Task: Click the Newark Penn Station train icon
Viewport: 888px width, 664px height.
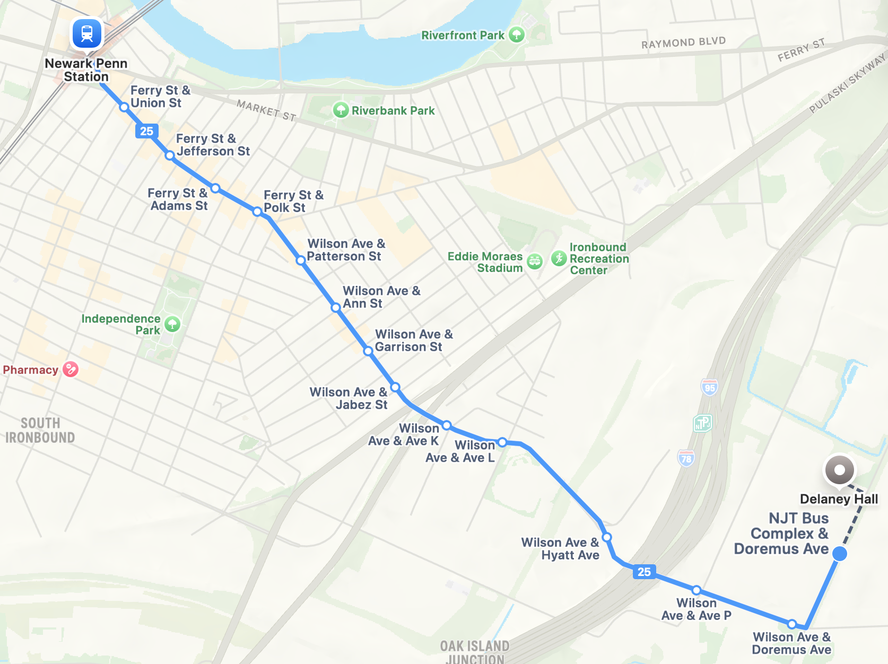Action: tap(87, 33)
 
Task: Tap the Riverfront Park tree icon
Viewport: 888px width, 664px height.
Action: tap(516, 35)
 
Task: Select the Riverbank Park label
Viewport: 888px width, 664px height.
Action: tap(393, 111)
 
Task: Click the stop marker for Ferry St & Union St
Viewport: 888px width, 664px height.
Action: tap(124, 107)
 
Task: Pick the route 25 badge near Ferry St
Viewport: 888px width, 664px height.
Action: tap(147, 131)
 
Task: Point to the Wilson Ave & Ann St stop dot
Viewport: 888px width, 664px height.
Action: tap(335, 308)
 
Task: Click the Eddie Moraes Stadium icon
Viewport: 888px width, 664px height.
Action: tap(535, 260)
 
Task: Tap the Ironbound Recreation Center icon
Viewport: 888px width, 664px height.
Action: tap(559, 259)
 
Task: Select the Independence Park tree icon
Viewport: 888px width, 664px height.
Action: tap(172, 324)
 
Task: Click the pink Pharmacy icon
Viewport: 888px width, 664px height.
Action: tap(71, 369)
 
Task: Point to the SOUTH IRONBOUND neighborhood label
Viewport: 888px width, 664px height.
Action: tap(40, 430)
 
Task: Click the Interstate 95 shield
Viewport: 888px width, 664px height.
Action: tap(709, 387)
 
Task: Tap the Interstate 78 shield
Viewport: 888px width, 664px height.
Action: tap(686, 458)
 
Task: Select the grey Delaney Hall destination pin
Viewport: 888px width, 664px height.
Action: tap(839, 470)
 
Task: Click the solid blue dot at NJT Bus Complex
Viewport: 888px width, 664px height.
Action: tap(839, 554)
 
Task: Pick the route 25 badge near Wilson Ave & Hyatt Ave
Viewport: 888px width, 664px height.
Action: tap(644, 572)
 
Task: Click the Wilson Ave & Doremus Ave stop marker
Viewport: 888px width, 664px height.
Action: tap(791, 624)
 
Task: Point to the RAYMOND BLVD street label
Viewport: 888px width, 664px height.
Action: tap(683, 42)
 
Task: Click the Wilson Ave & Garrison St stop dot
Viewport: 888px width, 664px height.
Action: tap(368, 351)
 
